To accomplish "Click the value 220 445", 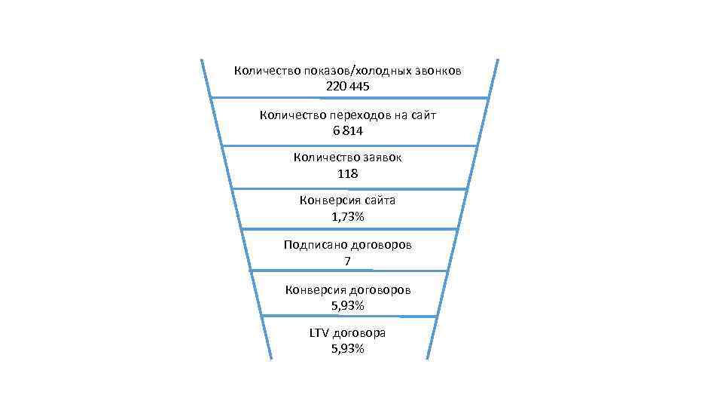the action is click(x=347, y=87).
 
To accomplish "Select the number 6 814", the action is click(x=347, y=130).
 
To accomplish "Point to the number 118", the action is click(x=347, y=173).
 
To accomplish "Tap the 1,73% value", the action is click(x=347, y=217).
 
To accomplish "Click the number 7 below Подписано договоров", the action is click(x=347, y=261).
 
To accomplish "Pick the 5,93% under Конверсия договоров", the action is click(x=347, y=305).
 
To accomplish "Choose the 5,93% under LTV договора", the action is click(x=347, y=349).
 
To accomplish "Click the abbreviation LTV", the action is click(x=319, y=333).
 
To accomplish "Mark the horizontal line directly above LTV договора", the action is click(x=347, y=316).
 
